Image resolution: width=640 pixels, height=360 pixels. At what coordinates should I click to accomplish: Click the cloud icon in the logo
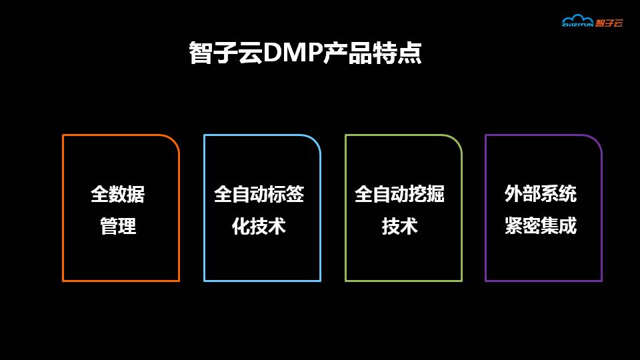[x=577, y=20]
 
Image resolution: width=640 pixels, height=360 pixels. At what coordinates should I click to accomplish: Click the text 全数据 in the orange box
[x=118, y=194]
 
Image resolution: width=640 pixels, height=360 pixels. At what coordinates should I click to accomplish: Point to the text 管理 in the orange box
[x=118, y=227]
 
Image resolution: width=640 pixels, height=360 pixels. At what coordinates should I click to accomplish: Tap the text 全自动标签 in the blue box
[x=259, y=194]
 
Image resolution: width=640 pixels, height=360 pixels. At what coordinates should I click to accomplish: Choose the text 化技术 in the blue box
[x=259, y=227]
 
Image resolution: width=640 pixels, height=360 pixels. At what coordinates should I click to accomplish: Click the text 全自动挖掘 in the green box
[x=399, y=194]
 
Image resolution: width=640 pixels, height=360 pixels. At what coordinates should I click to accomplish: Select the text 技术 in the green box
[x=399, y=227]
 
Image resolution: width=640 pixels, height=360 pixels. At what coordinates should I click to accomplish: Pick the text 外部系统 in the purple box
[x=541, y=194]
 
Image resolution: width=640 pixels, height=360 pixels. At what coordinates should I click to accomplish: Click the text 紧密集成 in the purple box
[x=541, y=227]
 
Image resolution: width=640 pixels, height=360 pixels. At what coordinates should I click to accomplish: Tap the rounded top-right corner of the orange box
[x=175, y=140]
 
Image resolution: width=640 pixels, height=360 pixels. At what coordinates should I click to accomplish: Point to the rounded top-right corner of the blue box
[x=316, y=140]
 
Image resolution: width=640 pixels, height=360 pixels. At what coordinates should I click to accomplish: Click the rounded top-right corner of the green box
[x=457, y=140]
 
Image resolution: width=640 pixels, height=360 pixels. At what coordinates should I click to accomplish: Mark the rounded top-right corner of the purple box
[x=597, y=140]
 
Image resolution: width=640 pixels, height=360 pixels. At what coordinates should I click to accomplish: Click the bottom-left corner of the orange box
[x=63, y=280]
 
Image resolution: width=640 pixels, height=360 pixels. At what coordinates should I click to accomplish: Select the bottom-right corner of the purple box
[x=601, y=280]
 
